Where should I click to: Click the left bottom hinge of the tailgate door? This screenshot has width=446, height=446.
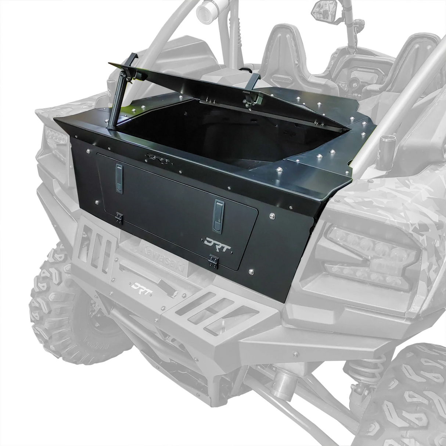pyautogui.click(x=119, y=217)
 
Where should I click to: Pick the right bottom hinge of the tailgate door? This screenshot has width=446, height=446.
pyautogui.click(x=212, y=260)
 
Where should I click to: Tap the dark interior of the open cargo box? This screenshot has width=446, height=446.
pyautogui.click(x=220, y=140)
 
